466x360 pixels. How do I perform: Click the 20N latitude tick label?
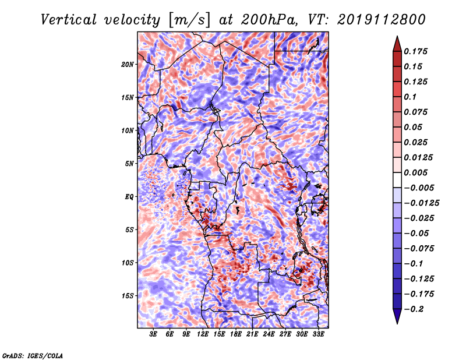128,64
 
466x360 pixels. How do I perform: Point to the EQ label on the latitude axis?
129,197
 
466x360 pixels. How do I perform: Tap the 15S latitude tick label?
128,296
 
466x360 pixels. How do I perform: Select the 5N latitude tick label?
129,164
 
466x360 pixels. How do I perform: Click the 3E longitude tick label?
153,334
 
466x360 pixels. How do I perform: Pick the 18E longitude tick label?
236,334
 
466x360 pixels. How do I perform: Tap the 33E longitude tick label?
318,334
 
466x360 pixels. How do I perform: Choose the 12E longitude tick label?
203,334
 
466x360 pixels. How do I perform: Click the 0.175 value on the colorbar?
415,51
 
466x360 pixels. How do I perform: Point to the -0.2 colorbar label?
414,309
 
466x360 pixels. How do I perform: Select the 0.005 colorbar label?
415,172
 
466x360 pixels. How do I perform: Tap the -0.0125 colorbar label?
421,203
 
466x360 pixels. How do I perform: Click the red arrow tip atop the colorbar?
397,37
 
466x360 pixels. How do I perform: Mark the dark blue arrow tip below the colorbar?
397,323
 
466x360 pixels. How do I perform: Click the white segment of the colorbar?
397,180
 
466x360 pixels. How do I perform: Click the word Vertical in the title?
69,20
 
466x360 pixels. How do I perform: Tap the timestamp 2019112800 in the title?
382,20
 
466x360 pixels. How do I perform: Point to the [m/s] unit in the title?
189,20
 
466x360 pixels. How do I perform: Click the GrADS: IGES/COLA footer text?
33,355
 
